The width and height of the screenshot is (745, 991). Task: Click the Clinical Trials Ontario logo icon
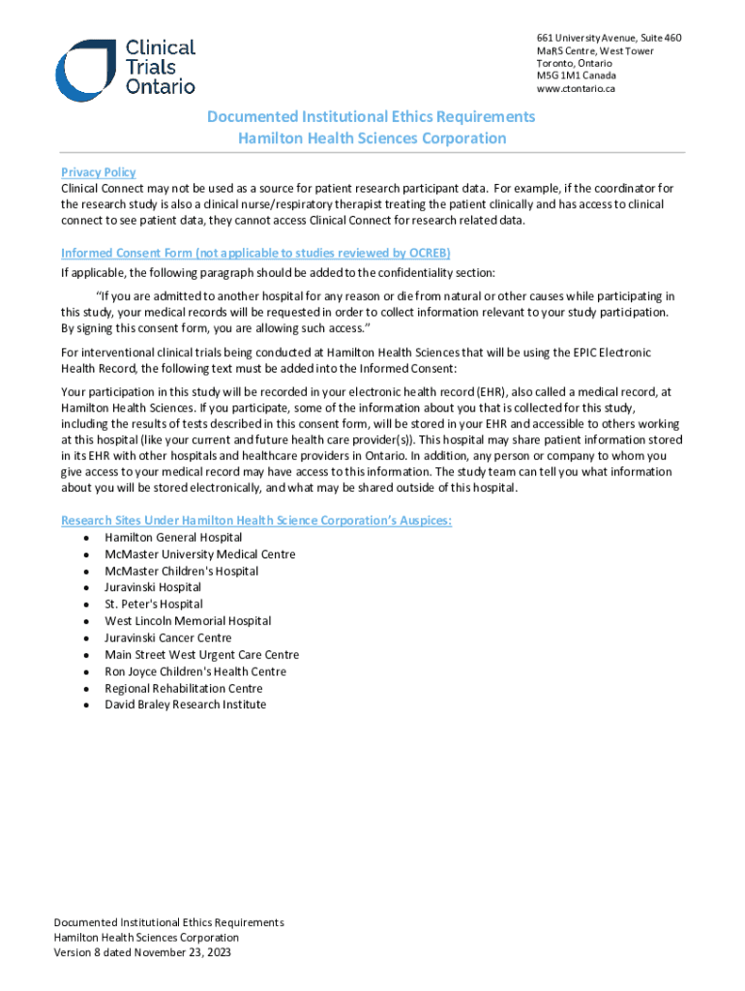pyautogui.click(x=86, y=69)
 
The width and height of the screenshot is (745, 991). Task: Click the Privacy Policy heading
pyautogui.click(x=98, y=172)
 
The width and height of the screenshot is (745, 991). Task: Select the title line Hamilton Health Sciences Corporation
pyautogui.click(x=372, y=138)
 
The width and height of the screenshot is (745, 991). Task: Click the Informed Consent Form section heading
pyautogui.click(x=233, y=254)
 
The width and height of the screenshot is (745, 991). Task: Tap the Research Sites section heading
pyautogui.click(x=256, y=521)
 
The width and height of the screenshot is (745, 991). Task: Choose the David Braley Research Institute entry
pyautogui.click(x=185, y=705)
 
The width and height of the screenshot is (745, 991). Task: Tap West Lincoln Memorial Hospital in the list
pyautogui.click(x=188, y=621)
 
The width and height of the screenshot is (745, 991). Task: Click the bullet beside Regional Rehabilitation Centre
pyautogui.click(x=88, y=689)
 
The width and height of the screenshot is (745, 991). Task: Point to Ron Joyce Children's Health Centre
pyautogui.click(x=195, y=672)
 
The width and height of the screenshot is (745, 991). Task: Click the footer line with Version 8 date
pyautogui.click(x=142, y=952)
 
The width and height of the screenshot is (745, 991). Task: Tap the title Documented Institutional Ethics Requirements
pyautogui.click(x=371, y=117)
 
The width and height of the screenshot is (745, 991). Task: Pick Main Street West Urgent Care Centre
pyautogui.click(x=201, y=655)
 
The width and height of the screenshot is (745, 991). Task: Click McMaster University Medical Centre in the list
pyautogui.click(x=200, y=555)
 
